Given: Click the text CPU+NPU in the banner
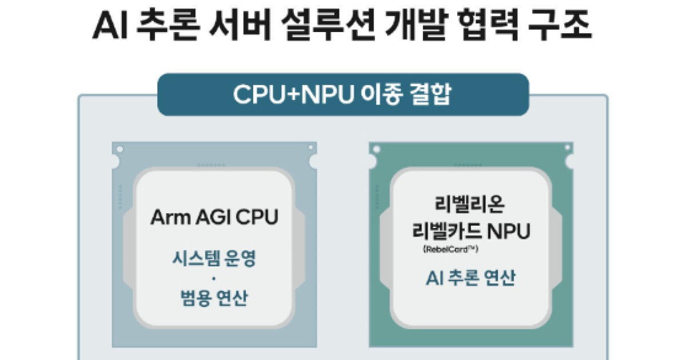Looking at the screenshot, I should [x=288, y=95].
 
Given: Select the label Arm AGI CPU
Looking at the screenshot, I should [x=214, y=217].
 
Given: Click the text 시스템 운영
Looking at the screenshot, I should [x=214, y=259].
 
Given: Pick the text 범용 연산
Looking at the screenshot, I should [x=214, y=298].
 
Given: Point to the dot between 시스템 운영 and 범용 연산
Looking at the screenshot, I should [x=214, y=279].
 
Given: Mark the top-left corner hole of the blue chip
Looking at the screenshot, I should [x=119, y=150].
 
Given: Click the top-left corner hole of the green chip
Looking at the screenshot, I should [x=376, y=150].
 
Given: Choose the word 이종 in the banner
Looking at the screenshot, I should [x=378, y=95].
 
